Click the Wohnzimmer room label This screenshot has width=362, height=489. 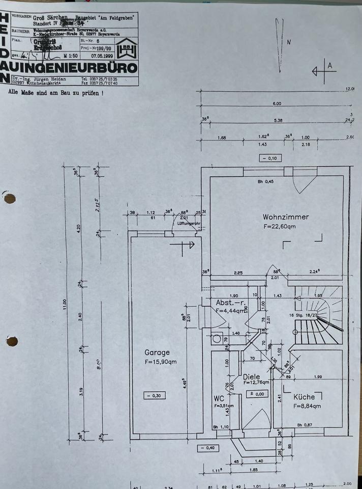point(285,216)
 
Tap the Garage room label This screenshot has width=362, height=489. point(157,352)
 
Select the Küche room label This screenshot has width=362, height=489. point(304,396)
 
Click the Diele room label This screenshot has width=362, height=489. point(251,376)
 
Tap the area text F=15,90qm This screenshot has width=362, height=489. point(160,362)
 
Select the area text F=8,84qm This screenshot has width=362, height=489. point(307,406)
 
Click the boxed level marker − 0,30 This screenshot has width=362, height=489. point(154,395)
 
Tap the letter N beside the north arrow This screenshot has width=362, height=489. point(288,43)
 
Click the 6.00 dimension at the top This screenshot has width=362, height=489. point(277,103)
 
